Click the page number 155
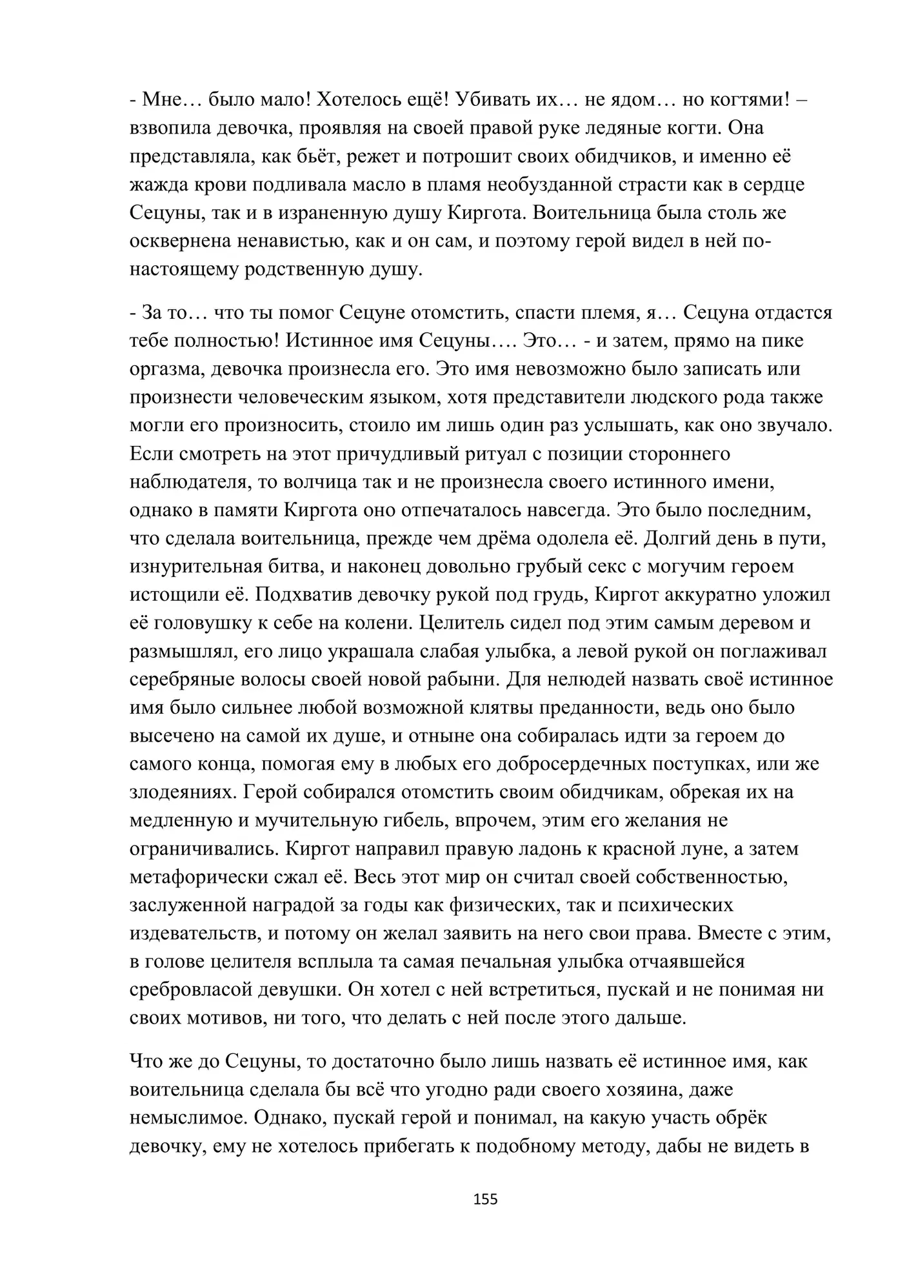[485, 1199]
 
